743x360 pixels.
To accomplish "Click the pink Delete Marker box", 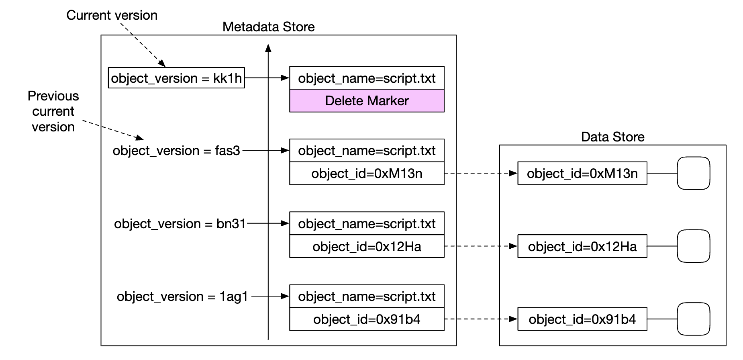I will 367,101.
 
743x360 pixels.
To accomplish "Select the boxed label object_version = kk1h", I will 176,78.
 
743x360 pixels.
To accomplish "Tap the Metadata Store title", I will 268,27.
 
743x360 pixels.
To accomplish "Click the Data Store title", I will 612,137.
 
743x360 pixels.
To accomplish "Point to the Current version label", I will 112,15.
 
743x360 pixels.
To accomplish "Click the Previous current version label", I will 53,111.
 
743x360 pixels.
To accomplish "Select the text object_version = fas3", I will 176,151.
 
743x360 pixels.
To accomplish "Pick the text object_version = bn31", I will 180,224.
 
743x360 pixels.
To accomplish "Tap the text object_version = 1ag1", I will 182,297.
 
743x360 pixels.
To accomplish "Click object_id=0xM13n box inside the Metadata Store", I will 367,174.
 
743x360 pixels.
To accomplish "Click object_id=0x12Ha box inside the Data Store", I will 582,246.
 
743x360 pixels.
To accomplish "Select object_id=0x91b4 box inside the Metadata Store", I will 367,319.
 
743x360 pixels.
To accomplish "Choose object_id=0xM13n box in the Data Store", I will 582,174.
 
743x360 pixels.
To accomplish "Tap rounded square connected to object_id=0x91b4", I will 693,319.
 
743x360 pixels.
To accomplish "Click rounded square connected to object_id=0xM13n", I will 693,173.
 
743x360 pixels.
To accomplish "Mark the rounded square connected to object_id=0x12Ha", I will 693,246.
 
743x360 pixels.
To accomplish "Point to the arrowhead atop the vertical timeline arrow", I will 268,48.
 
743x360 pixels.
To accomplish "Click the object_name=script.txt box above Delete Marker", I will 367,78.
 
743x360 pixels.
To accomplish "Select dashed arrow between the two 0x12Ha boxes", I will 480,246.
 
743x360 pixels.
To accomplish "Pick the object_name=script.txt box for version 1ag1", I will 367,297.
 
